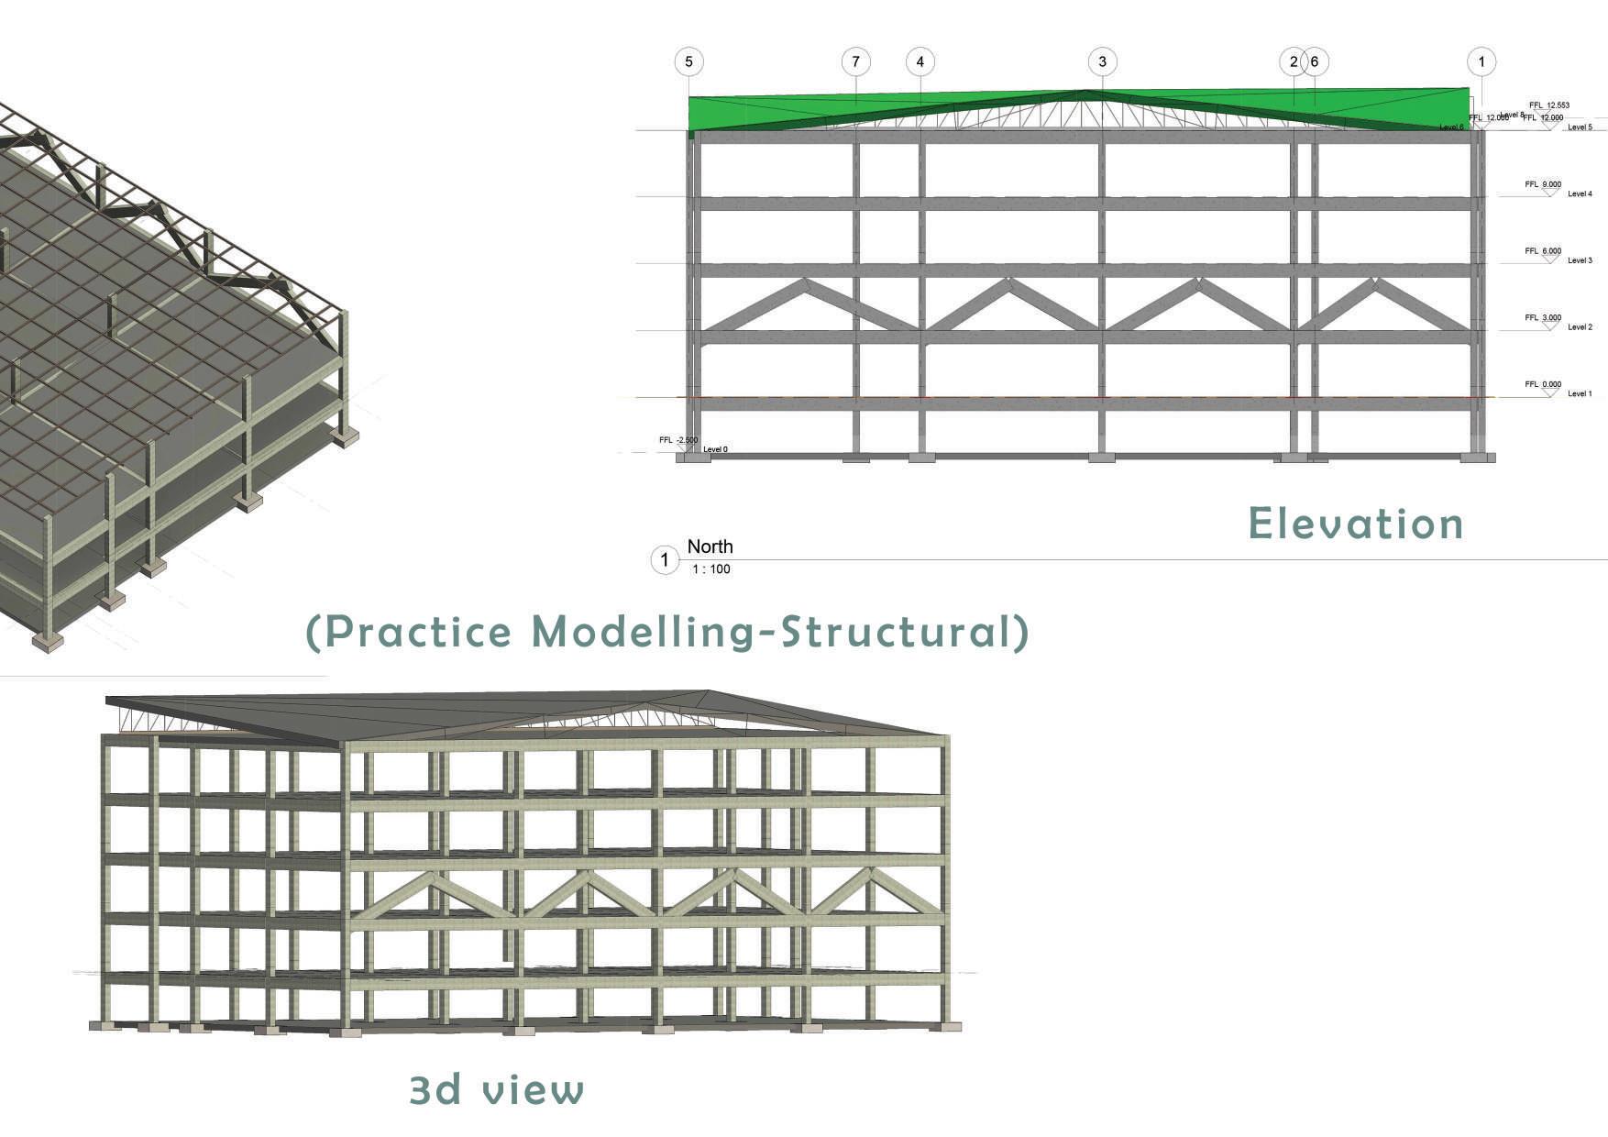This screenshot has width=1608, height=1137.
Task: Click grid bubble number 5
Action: pos(688,61)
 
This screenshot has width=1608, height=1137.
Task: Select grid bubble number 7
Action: pos(855,61)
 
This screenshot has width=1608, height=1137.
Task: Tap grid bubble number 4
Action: pos(920,61)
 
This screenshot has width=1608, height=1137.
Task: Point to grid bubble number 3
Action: pos(1102,61)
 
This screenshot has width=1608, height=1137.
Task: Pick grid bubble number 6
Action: pos(1315,61)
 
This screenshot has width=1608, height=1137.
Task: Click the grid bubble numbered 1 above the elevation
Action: pos(1481,61)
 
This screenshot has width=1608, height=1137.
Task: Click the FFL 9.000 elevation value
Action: pos(1543,184)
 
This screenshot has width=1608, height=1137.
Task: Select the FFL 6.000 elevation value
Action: pos(1543,251)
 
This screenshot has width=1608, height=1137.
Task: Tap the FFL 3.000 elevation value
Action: pos(1543,318)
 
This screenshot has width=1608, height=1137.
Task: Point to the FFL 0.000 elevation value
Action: pos(1543,385)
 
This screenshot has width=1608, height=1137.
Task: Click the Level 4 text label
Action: pos(1580,194)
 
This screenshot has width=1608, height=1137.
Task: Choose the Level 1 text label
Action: pos(1580,394)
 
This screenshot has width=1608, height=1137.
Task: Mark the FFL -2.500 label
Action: pos(678,440)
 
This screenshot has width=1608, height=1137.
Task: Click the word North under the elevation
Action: pos(710,546)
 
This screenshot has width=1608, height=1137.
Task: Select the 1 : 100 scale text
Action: pos(711,569)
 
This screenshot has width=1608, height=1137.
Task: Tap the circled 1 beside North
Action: pos(665,559)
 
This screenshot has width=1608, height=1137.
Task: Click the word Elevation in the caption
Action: pos(1355,524)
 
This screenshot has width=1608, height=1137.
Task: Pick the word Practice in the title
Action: pos(418,632)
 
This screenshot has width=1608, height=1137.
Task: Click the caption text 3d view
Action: pos(496,1089)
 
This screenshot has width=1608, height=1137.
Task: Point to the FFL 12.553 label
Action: pos(1549,105)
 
